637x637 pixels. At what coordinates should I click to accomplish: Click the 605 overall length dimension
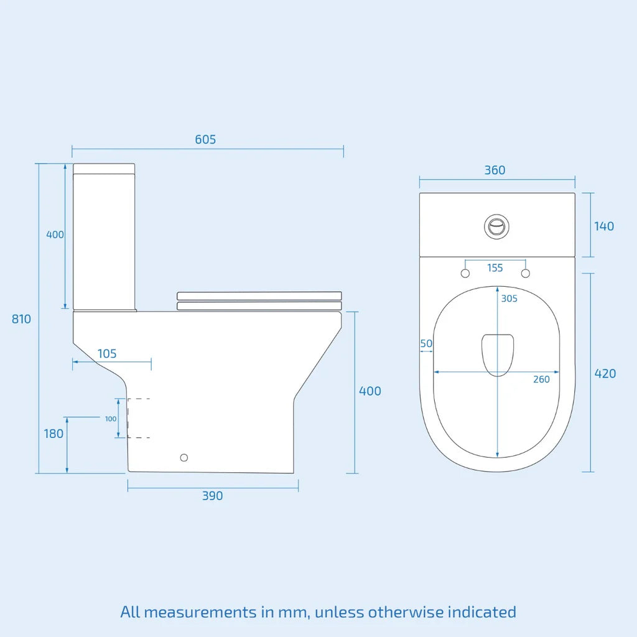pyautogui.click(x=205, y=139)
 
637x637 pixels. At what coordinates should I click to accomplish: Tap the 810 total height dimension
pyautogui.click(x=21, y=319)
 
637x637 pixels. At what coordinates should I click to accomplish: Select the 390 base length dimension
pyautogui.click(x=212, y=496)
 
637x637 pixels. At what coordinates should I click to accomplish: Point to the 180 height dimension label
pyautogui.click(x=53, y=434)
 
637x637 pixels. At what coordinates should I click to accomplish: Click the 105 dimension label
pyautogui.click(x=107, y=354)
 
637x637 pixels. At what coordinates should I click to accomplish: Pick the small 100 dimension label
pyautogui.click(x=111, y=419)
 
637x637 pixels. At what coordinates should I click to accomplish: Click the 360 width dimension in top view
pyautogui.click(x=495, y=170)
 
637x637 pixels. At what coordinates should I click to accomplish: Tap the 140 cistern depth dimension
pyautogui.click(x=603, y=226)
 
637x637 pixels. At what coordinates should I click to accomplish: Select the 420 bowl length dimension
pyautogui.click(x=605, y=373)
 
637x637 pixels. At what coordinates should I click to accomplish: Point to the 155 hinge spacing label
pyautogui.click(x=495, y=268)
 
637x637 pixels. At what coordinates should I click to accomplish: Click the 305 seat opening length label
pyautogui.click(x=509, y=299)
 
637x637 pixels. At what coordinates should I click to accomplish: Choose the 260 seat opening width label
pyautogui.click(x=541, y=379)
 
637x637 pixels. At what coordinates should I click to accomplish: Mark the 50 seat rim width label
pyautogui.click(x=426, y=343)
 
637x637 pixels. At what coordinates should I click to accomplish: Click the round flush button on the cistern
pyautogui.click(x=496, y=226)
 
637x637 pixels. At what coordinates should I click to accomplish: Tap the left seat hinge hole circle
pyautogui.click(x=465, y=274)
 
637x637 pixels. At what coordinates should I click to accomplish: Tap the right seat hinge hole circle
pyautogui.click(x=526, y=274)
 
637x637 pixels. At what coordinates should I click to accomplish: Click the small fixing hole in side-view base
pyautogui.click(x=184, y=458)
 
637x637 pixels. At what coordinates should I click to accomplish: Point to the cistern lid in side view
pyautogui.click(x=104, y=168)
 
